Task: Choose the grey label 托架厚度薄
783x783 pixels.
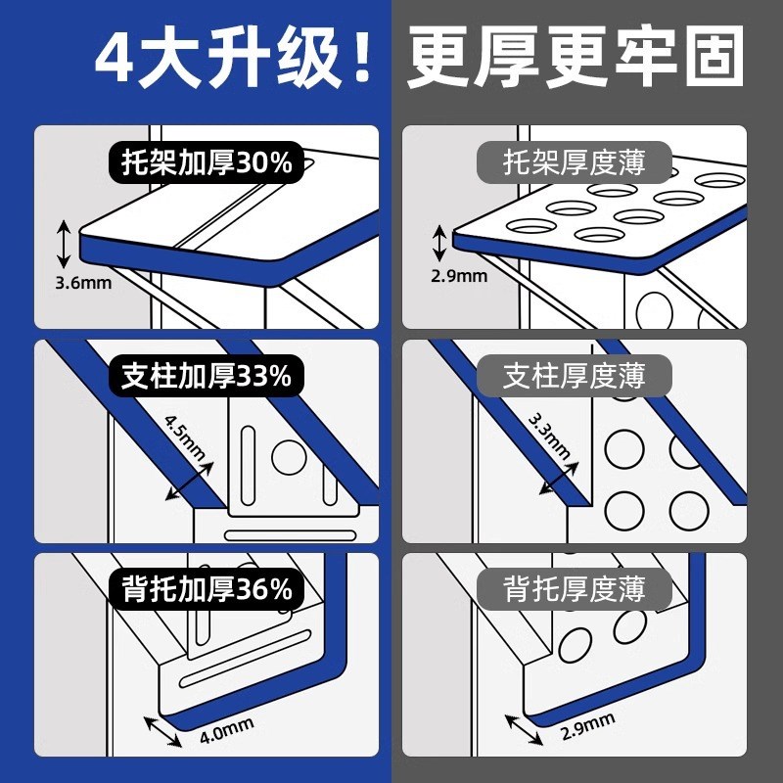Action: tap(575, 162)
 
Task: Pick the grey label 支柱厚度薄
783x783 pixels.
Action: tap(575, 376)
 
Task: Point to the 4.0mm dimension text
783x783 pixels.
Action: tap(226, 729)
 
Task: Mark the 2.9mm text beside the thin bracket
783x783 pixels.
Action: tap(459, 276)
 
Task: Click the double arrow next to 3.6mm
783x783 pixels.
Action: tap(64, 245)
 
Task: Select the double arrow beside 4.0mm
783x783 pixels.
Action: tap(162, 733)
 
